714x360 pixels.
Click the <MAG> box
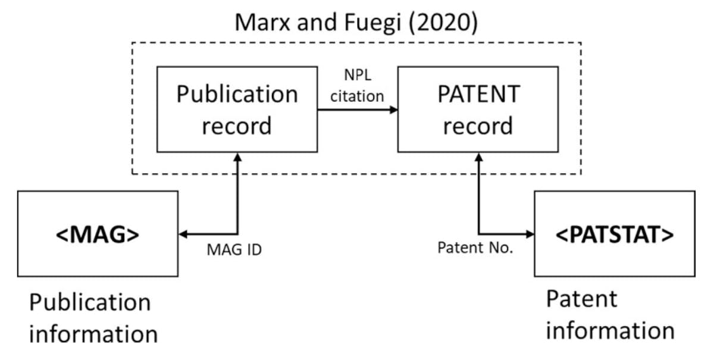(x=98, y=234)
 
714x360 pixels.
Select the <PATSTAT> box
(x=615, y=234)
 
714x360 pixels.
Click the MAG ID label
(x=234, y=250)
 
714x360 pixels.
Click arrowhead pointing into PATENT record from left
(x=394, y=109)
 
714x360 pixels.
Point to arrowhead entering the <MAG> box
(x=183, y=234)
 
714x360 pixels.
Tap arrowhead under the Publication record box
(x=238, y=156)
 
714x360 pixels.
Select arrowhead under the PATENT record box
(x=478, y=156)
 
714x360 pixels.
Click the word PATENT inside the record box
(x=478, y=94)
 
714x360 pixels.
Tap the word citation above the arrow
(x=357, y=96)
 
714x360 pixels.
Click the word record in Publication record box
(x=237, y=126)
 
